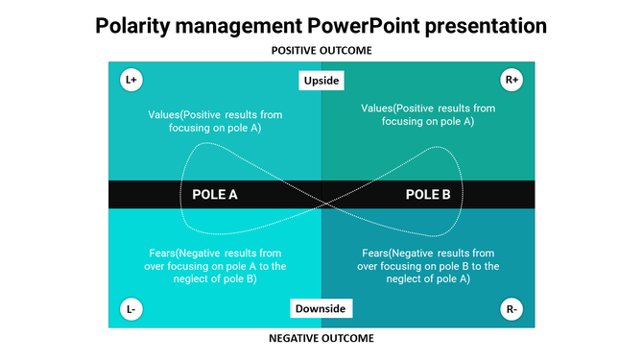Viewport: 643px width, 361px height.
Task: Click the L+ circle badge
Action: point(131,81)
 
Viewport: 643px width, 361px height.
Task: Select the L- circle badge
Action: point(131,309)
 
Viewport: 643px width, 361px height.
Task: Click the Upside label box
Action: point(321,81)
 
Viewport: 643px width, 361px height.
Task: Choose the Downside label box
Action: point(321,309)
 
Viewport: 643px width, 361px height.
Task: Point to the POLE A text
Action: point(215,194)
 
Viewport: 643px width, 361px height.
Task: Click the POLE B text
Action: point(428,194)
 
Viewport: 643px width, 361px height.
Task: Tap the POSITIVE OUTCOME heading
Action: point(321,50)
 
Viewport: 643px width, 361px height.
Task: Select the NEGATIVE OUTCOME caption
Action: point(321,338)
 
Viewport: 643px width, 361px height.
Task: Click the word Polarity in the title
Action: point(135,24)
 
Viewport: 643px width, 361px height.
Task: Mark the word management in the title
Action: point(240,24)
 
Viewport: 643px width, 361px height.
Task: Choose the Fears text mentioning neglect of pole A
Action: point(428,265)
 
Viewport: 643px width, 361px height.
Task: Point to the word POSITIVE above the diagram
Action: point(297,50)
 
